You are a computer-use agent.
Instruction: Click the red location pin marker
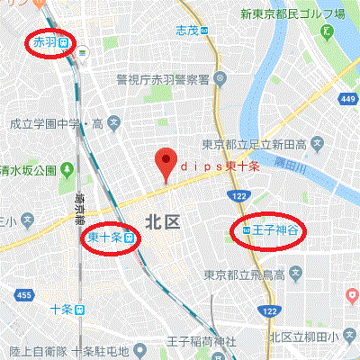pyautogui.click(x=165, y=164)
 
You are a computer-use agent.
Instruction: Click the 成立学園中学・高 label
pyautogui.click(x=49, y=120)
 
